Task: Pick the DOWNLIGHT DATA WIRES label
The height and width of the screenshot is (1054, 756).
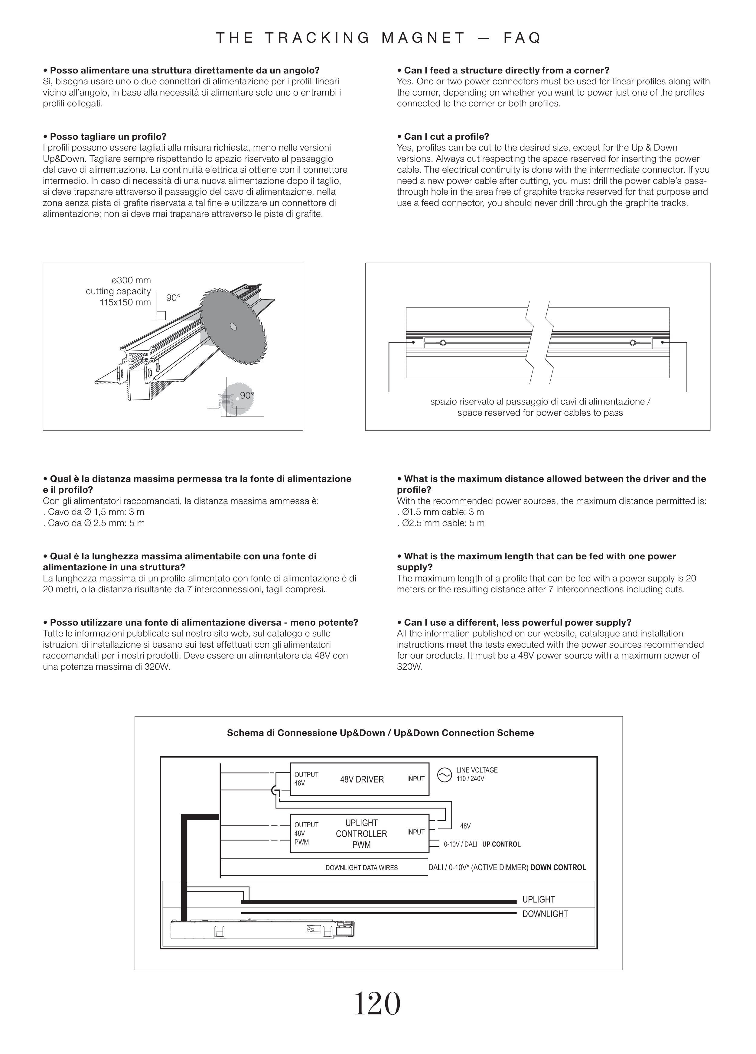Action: coord(361,868)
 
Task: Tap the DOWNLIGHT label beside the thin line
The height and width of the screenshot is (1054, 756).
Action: coord(545,914)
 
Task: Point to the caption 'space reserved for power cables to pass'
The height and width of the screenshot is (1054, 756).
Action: coord(539,413)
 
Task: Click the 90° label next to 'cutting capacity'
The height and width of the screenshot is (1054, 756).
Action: coord(173,298)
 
